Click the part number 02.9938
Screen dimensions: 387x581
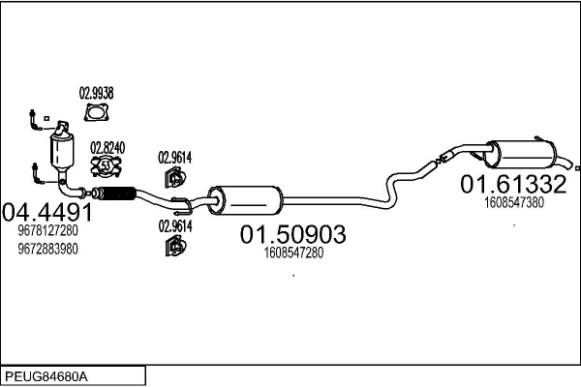tap(96, 93)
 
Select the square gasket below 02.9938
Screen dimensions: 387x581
tap(96, 115)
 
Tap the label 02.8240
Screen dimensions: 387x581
tap(107, 147)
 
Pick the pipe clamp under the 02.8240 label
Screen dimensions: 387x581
tap(106, 168)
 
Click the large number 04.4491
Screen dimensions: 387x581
tap(48, 212)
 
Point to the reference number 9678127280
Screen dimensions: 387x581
tap(47, 231)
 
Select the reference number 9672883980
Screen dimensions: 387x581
tap(47, 249)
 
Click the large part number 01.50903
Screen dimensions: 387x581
tap(292, 233)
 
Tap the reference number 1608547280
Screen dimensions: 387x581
tap(292, 253)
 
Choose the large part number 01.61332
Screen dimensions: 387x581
tap(512, 183)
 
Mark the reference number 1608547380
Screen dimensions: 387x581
tap(512, 202)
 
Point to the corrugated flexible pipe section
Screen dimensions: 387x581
tap(114, 196)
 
